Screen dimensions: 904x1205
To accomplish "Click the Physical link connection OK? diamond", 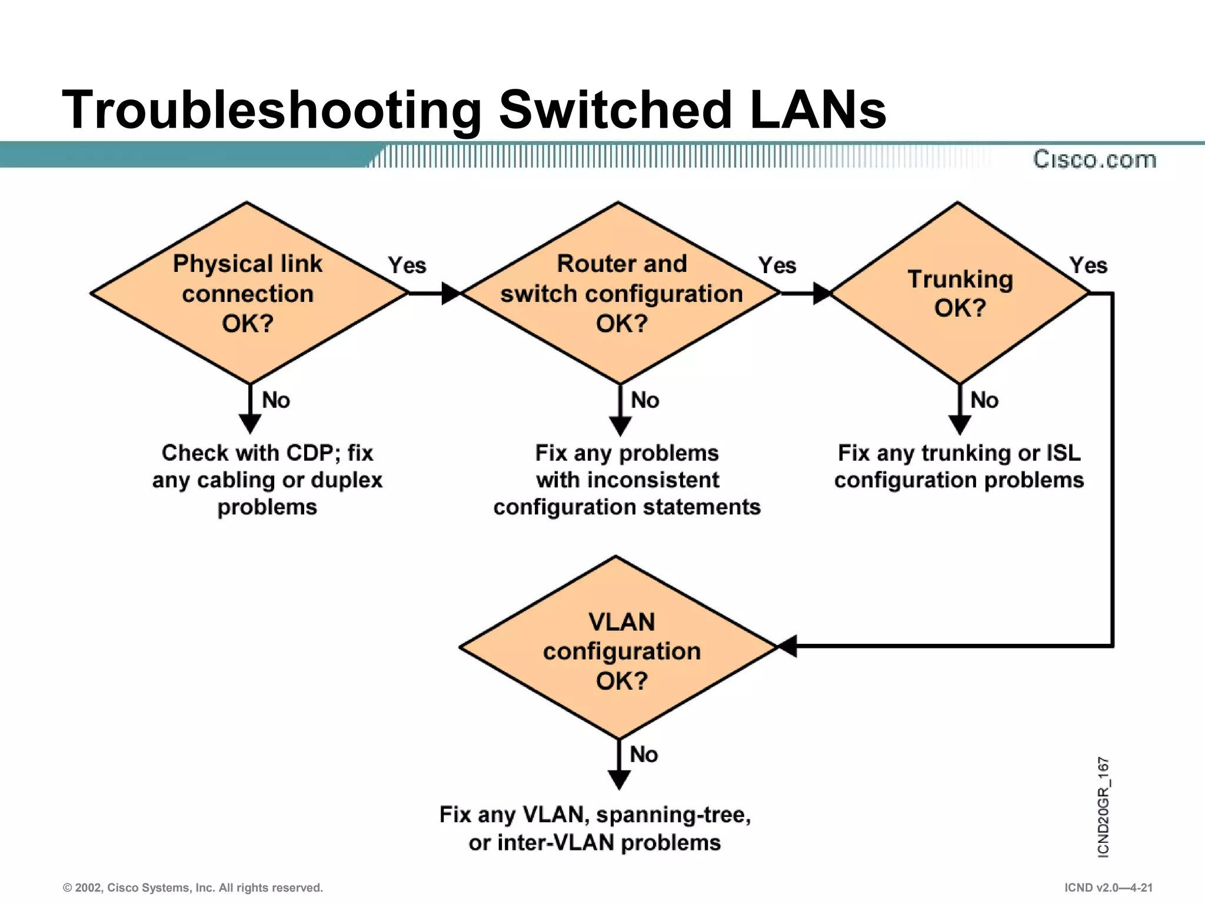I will click(x=248, y=293).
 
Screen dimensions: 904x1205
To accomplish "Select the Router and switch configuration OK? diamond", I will click(x=621, y=293).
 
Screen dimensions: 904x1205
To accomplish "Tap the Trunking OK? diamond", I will click(x=960, y=293).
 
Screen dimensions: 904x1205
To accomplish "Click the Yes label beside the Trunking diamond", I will click(x=1088, y=265).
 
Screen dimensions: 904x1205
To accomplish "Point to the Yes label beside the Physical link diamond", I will click(x=407, y=265).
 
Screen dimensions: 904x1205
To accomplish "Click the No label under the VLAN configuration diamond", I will click(x=644, y=755).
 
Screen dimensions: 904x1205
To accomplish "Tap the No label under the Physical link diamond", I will click(x=275, y=401).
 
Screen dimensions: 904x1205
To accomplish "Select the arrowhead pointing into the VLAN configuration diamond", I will click(x=787, y=646).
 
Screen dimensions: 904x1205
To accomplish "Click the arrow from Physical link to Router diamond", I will click(x=435, y=293).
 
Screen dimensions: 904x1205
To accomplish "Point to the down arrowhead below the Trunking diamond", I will click(x=960, y=424).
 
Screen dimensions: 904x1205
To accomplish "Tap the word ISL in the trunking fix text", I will click(x=1063, y=453).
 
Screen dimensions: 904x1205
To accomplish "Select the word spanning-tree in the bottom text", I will click(x=673, y=815).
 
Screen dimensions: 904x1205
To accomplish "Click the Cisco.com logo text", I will click(x=1094, y=159).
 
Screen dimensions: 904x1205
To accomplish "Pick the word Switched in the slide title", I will click(x=615, y=110).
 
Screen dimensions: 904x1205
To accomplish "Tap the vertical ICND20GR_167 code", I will click(x=1103, y=807).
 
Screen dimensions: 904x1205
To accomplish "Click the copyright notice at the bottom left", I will click(x=193, y=888).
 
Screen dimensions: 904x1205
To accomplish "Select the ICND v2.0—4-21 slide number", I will click(x=1108, y=888).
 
